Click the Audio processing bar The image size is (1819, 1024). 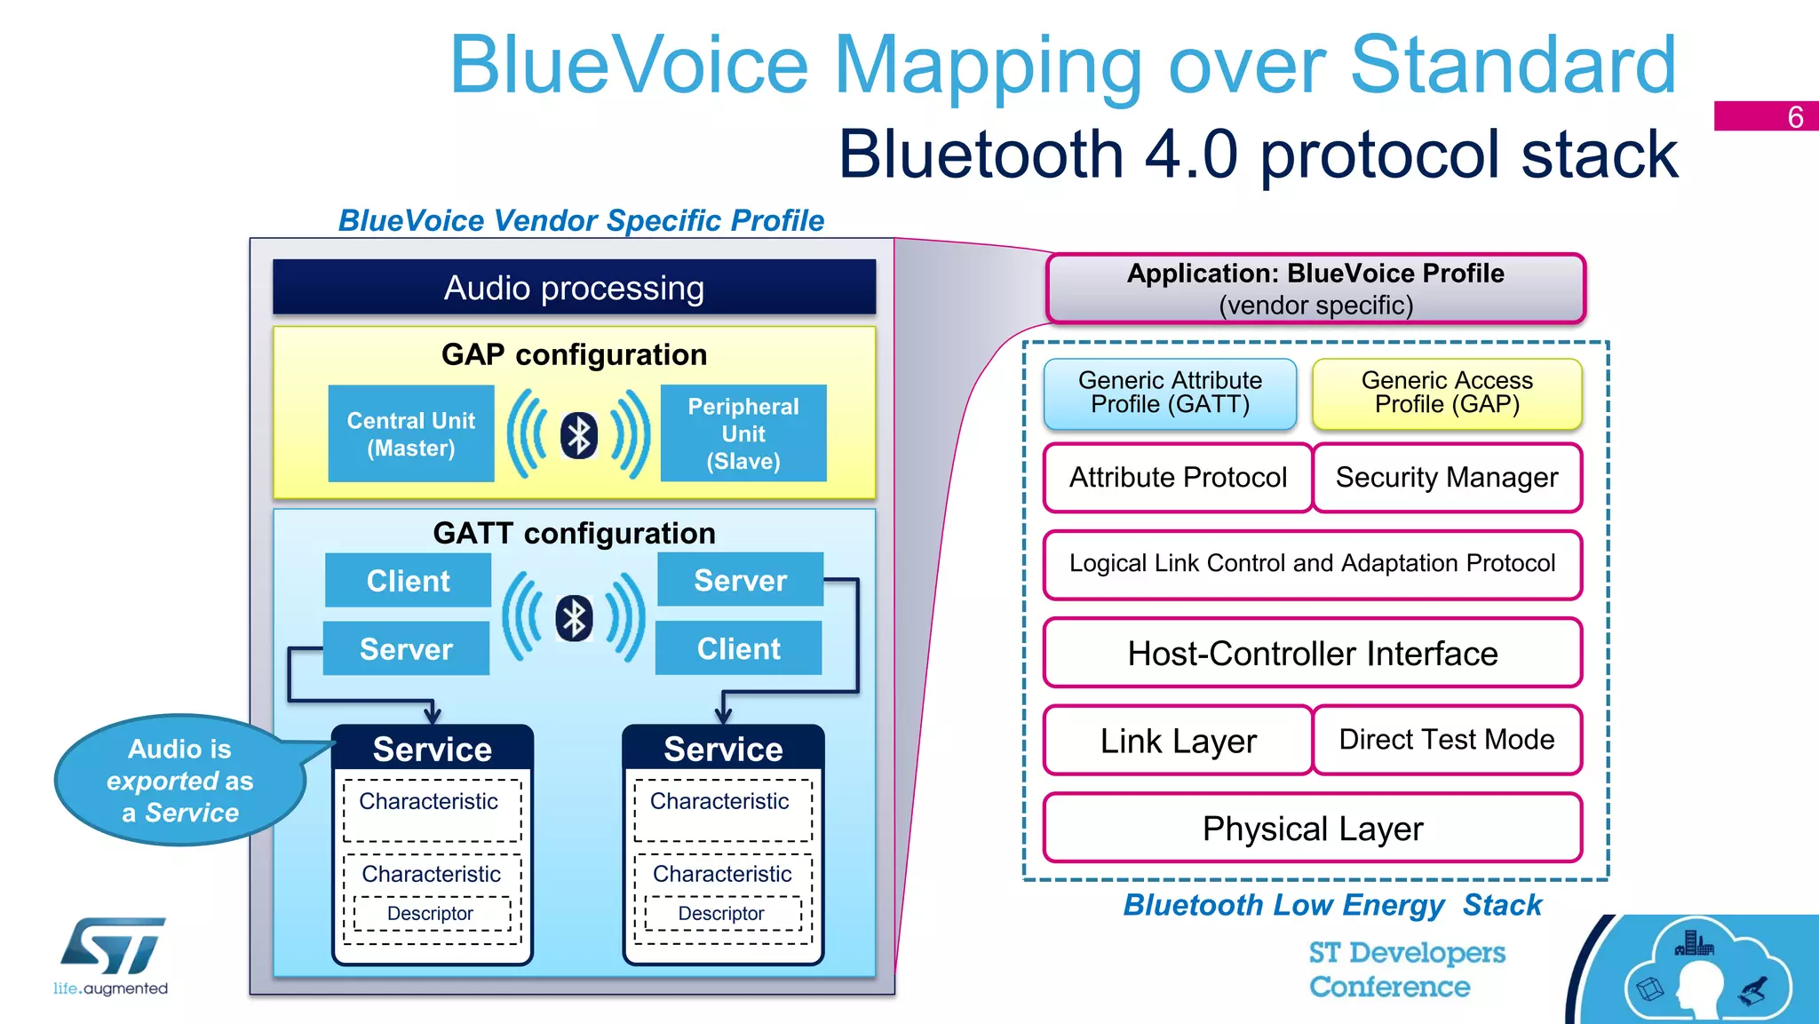coord(574,288)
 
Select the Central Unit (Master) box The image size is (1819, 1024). coord(410,433)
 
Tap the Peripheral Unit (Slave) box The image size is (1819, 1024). coord(743,433)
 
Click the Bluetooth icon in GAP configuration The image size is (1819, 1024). coord(578,435)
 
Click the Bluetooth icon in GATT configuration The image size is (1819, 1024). coord(574,618)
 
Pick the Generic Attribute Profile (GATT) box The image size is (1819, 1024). coord(1170,393)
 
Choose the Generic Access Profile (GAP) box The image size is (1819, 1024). coord(1447,393)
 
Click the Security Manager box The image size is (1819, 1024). coord(1447,478)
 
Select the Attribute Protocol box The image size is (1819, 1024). coord(1178,478)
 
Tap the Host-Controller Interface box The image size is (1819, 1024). coord(1312,654)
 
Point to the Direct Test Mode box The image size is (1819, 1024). coord(1447,740)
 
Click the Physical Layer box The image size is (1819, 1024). coord(1312,829)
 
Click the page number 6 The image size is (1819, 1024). coord(1795,116)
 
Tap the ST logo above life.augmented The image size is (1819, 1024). coord(113,946)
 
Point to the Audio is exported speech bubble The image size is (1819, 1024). coord(179,781)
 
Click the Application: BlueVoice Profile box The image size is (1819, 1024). coord(1315,289)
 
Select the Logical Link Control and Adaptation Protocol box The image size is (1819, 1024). coord(1312,564)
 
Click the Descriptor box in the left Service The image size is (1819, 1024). coord(431,913)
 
